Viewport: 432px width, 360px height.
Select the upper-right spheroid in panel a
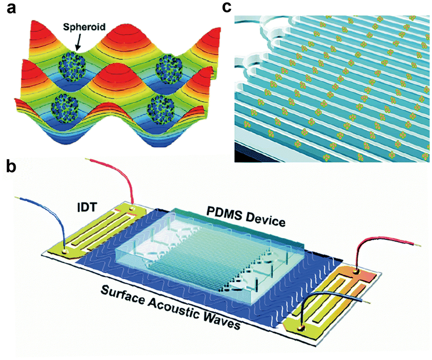click(x=169, y=68)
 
